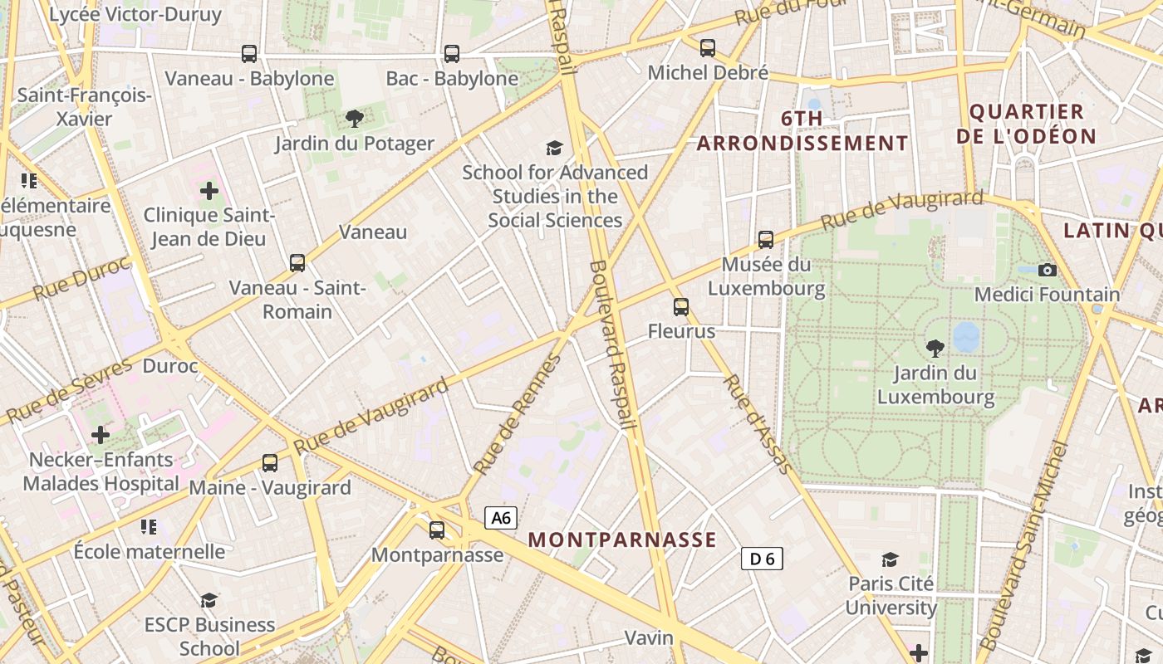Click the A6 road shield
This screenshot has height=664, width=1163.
point(500,519)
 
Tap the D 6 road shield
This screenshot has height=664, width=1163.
point(762,559)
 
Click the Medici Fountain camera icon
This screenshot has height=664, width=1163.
point(1048,270)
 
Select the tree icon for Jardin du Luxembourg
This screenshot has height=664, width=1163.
point(935,348)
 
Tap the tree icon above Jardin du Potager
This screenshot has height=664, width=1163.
point(355,119)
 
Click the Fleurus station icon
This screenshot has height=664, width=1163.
point(681,307)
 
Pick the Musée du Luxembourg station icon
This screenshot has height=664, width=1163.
point(766,240)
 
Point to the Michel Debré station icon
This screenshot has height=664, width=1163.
point(708,48)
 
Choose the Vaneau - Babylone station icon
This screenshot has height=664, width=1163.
point(249,54)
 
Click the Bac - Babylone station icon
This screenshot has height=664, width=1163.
point(452,54)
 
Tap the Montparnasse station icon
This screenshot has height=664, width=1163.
point(437,530)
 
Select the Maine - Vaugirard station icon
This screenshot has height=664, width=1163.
point(270,463)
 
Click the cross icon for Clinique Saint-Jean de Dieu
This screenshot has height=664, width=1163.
point(209,192)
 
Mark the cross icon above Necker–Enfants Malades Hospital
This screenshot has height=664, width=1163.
point(101,434)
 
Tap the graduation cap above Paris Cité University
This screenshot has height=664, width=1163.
point(891,559)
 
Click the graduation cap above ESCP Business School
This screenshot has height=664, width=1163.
point(209,600)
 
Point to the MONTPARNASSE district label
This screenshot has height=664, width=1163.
point(622,539)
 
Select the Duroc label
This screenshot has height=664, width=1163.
point(170,366)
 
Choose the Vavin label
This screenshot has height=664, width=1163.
point(649,637)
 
